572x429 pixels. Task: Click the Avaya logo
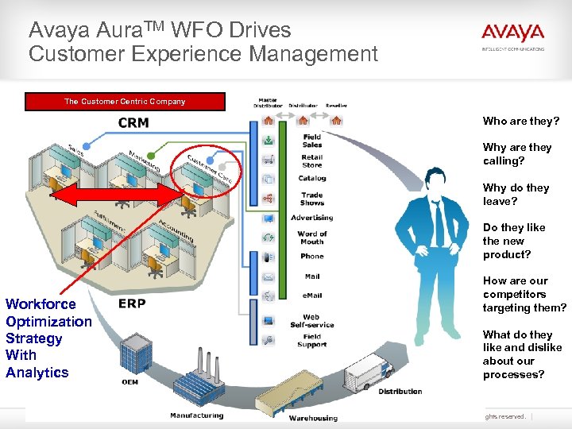[512, 34]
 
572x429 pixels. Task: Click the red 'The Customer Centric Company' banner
[125, 102]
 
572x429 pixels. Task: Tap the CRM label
[133, 123]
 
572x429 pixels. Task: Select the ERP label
[131, 303]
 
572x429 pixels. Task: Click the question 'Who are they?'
[521, 122]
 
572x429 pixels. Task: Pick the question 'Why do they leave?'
[516, 195]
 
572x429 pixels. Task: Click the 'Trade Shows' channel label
[312, 199]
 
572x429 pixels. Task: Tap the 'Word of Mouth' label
[312, 238]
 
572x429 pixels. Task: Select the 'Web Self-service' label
[311, 321]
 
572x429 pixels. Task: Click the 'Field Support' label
[312, 341]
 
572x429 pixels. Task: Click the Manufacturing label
[197, 415]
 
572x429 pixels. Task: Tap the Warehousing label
[313, 418]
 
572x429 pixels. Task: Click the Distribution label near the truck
[400, 391]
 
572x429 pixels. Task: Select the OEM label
[129, 382]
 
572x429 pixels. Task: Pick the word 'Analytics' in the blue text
[37, 373]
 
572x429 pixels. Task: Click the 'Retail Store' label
[312, 161]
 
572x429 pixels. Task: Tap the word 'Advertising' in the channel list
[312, 218]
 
